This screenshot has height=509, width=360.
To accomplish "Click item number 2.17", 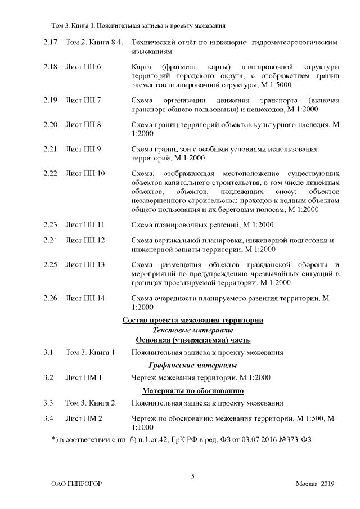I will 50,42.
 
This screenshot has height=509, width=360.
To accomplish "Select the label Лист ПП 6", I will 83,67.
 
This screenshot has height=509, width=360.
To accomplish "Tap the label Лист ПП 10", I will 85,173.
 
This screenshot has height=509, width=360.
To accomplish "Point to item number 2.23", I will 50,225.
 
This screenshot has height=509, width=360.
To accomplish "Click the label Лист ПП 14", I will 85,298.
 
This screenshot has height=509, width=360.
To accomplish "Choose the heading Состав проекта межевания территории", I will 193,320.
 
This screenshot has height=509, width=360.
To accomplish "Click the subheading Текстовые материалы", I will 193,330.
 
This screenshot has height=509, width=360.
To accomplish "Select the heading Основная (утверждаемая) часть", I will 193,340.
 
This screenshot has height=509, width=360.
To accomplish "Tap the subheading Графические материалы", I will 193,365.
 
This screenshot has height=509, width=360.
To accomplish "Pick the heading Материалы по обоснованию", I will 193,390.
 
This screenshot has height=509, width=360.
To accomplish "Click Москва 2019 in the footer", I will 315,484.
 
